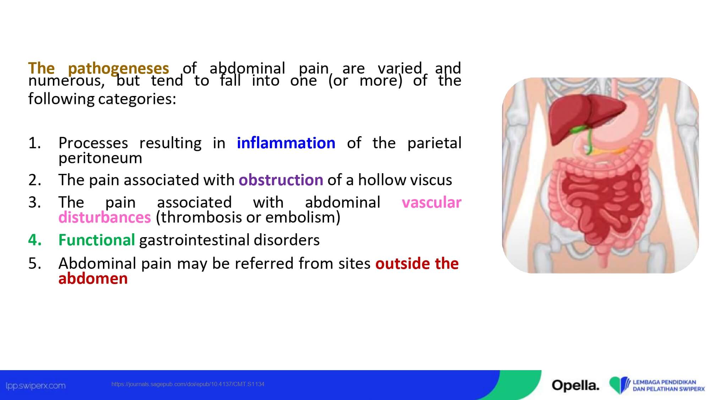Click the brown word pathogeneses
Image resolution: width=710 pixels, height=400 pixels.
tap(118, 69)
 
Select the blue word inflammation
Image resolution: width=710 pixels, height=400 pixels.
tap(286, 143)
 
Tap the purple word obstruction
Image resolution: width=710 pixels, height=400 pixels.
tap(281, 180)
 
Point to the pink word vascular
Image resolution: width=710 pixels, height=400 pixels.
tap(431, 203)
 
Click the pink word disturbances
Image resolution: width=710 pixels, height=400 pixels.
tap(105, 217)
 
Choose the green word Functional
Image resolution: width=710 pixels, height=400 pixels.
tap(97, 240)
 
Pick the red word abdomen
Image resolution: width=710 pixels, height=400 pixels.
tap(93, 278)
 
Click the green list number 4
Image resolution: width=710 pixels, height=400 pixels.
tap(35, 240)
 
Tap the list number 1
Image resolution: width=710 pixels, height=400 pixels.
tap(34, 143)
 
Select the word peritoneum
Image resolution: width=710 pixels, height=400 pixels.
tap(100, 158)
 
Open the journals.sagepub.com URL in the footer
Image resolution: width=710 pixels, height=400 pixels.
tap(188, 384)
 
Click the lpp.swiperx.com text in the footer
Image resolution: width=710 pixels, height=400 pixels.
tap(36, 386)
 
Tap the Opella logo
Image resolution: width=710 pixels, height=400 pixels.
tap(575, 385)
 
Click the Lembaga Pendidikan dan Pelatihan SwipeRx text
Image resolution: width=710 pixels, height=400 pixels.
tap(668, 385)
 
